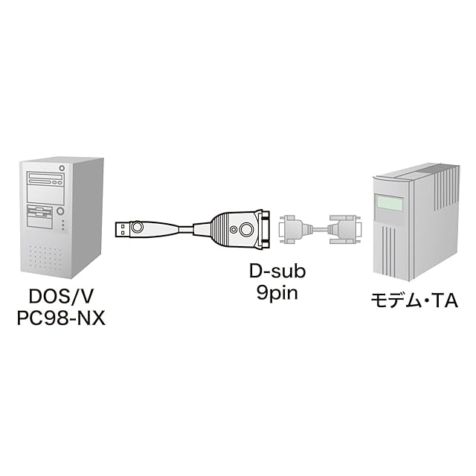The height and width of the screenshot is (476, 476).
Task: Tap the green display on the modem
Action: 390,202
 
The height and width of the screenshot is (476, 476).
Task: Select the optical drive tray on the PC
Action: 45,181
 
